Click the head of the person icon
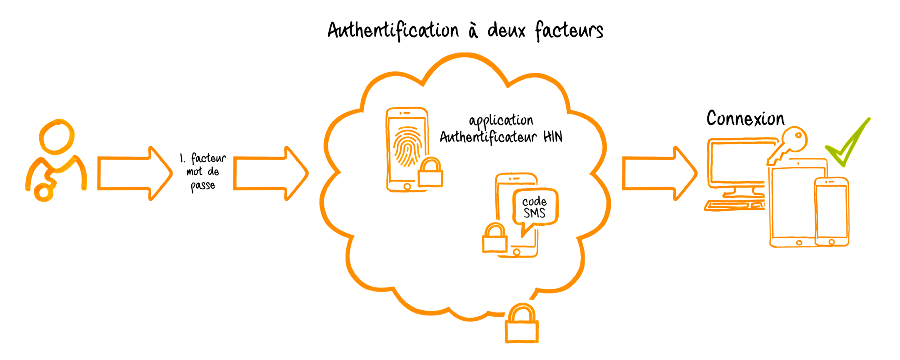57,136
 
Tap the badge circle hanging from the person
43,192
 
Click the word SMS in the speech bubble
535,213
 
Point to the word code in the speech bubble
534,202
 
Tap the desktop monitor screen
737,162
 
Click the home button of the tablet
799,242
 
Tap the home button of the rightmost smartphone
832,241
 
